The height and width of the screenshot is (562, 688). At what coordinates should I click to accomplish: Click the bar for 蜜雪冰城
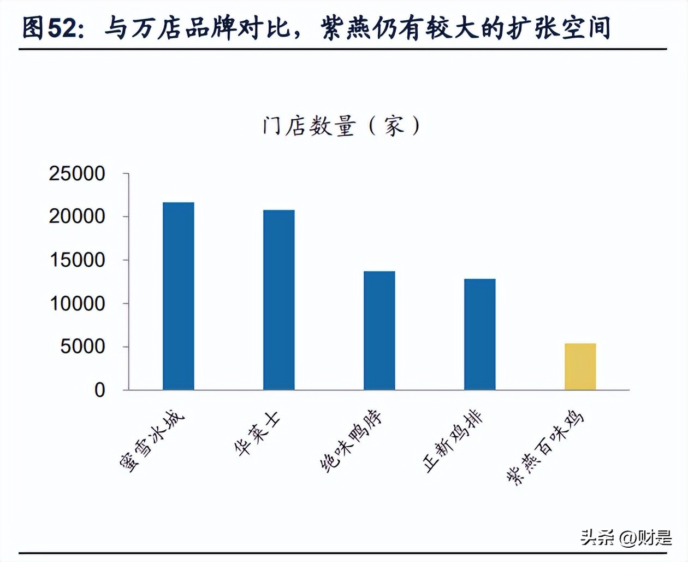[x=178, y=296]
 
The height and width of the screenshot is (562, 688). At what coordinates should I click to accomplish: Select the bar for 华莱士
[x=278, y=300]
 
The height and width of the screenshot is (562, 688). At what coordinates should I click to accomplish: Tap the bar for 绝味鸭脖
[x=379, y=330]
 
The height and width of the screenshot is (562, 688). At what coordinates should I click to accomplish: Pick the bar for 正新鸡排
[x=479, y=334]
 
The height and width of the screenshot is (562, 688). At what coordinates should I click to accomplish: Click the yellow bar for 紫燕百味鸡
[x=580, y=366]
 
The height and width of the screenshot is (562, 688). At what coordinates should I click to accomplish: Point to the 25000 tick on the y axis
[x=77, y=174]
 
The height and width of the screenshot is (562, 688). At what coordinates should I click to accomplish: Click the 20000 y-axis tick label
[x=77, y=216]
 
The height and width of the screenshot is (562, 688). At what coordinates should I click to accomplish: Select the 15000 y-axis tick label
[x=77, y=260]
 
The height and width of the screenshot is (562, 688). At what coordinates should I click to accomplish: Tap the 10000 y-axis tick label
[x=77, y=303]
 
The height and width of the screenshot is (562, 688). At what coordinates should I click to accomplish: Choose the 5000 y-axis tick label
[x=82, y=347]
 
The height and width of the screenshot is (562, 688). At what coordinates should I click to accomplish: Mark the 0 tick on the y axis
[x=99, y=390]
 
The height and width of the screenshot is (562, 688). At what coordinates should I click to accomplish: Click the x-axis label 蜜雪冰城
[x=152, y=442]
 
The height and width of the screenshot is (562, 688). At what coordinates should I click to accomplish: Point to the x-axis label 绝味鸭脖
[x=351, y=442]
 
